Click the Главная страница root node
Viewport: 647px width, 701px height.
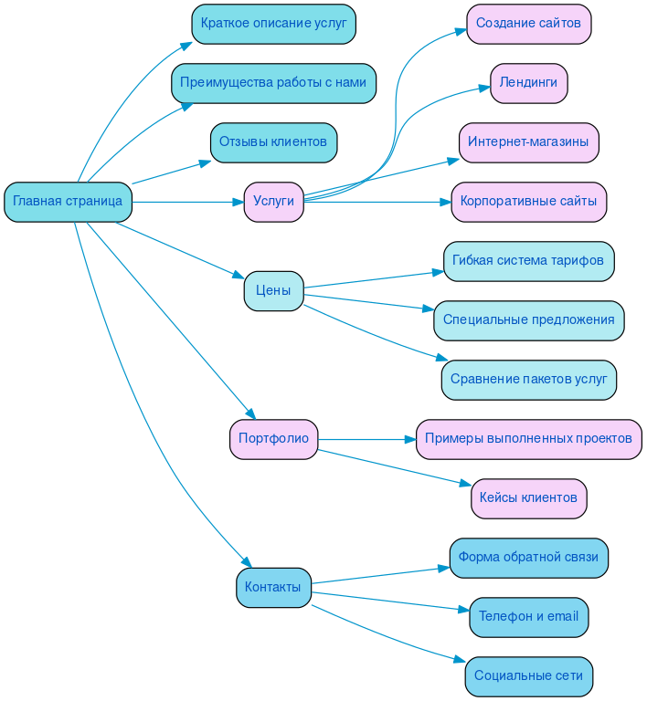[x=68, y=202]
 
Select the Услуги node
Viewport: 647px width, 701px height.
[x=273, y=202]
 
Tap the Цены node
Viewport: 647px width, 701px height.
[x=273, y=291]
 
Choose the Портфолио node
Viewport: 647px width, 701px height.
[x=273, y=439]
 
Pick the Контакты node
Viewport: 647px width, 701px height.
[x=273, y=588]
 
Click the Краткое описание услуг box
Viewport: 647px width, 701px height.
[x=273, y=24]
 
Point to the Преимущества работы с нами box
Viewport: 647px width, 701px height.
[x=273, y=83]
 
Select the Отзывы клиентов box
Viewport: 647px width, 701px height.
[x=273, y=142]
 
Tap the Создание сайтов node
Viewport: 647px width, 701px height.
[x=528, y=24]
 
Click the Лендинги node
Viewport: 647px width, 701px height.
[x=528, y=83]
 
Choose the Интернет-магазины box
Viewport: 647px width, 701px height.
[x=528, y=142]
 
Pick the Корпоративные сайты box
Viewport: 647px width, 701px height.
[x=528, y=202]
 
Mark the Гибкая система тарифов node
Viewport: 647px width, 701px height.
[x=528, y=261]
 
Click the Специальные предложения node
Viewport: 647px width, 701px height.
[x=528, y=320]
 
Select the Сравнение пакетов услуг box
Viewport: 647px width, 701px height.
[x=528, y=380]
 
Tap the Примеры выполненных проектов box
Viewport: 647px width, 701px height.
[x=528, y=439]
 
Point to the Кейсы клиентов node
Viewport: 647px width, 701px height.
[x=528, y=498]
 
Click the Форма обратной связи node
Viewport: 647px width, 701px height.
[x=528, y=558]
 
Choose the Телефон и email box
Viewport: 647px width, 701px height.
[x=528, y=617]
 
